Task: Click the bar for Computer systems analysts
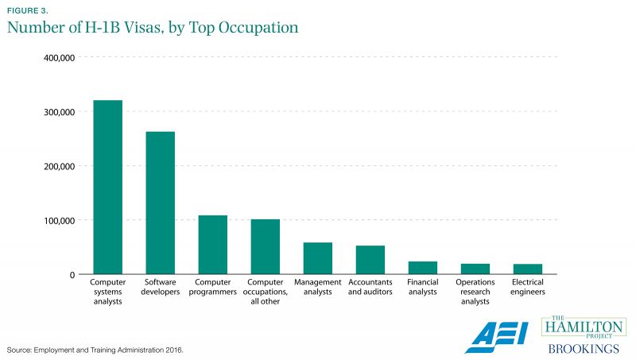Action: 107,187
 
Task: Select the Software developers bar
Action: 160,203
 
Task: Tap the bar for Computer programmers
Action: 212,245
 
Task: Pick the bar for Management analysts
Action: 317,258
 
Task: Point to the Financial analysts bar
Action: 422,268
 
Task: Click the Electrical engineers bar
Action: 527,269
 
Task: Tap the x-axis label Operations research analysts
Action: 475,292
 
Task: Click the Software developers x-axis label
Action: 160,287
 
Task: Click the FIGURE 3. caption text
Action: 28,10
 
